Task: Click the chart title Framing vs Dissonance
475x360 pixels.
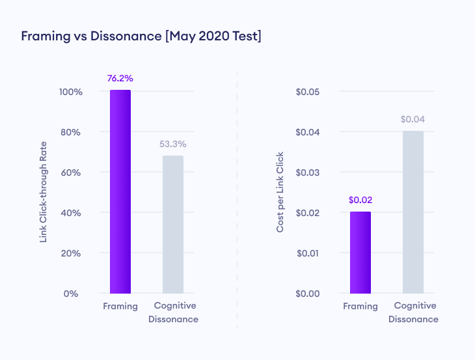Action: point(141,36)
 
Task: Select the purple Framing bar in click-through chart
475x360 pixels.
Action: point(120,191)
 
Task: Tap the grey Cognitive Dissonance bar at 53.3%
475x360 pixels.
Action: point(173,224)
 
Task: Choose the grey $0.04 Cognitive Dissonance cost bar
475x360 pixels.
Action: point(413,212)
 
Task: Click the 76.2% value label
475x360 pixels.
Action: point(120,79)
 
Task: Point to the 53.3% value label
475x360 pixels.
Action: point(173,145)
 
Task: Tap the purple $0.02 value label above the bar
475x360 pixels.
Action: point(360,200)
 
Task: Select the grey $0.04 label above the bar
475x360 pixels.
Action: point(413,120)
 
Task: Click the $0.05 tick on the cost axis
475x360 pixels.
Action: point(307,92)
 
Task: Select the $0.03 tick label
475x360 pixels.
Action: point(307,173)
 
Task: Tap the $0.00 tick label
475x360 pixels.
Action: point(307,294)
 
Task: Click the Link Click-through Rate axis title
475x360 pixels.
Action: point(44,193)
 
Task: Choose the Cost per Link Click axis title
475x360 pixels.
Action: point(280,193)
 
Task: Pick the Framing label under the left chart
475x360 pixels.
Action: point(120,306)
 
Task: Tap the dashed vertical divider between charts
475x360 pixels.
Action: point(238,195)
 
